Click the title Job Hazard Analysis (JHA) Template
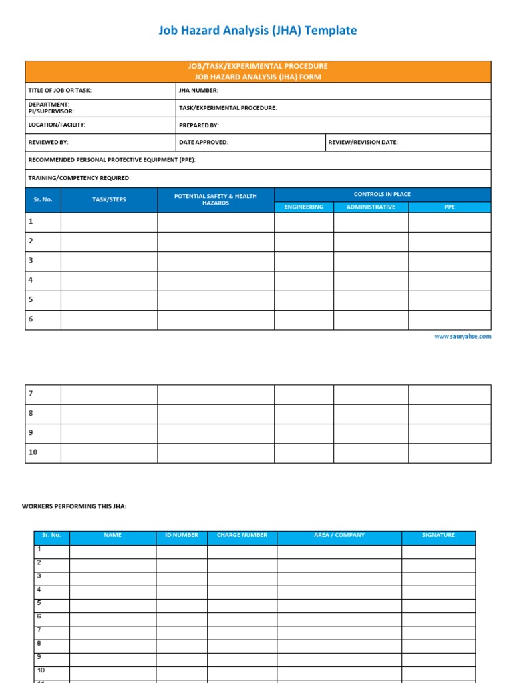click(x=257, y=30)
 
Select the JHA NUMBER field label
click(x=198, y=91)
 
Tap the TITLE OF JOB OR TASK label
click(x=59, y=91)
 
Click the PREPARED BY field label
click(x=198, y=125)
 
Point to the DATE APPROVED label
click(x=203, y=143)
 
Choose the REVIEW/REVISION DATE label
click(x=363, y=143)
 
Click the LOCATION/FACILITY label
click(x=57, y=125)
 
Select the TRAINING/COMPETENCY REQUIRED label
click(x=79, y=178)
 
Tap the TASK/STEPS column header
click(x=109, y=199)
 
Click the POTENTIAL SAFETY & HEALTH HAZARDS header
click(x=215, y=199)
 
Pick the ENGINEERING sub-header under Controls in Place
click(x=303, y=207)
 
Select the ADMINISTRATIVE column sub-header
click(x=371, y=207)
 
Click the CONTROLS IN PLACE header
click(x=382, y=194)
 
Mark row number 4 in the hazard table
click(x=31, y=280)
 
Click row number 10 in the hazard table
click(x=33, y=452)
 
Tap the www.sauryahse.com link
click(x=462, y=337)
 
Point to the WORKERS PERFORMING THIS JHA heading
click(x=74, y=507)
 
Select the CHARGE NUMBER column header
click(x=242, y=535)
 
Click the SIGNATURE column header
click(x=438, y=535)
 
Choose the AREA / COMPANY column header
click(x=339, y=535)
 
